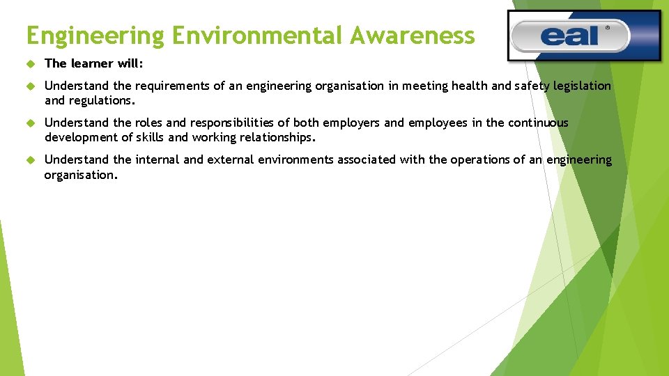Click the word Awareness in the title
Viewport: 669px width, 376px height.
point(413,34)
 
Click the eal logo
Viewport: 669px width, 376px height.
point(584,36)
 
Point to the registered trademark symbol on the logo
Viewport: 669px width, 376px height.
point(607,29)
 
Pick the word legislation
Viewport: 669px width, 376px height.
point(582,86)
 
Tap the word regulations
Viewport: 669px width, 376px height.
point(101,100)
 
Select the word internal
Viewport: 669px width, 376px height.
point(157,159)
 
